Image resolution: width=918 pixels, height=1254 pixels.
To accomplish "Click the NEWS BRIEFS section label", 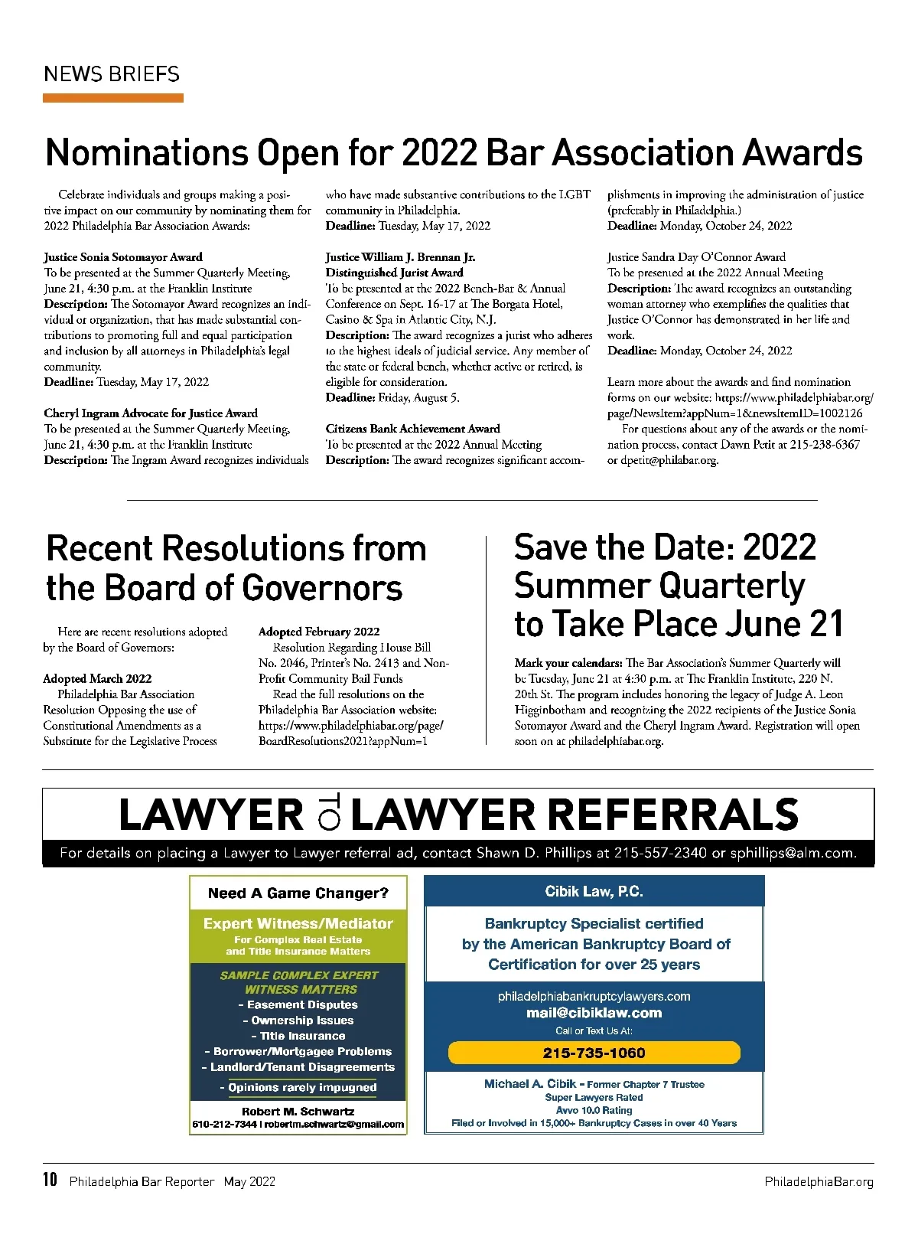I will click(112, 74).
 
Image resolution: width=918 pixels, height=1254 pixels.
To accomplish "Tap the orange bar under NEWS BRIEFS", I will click(113, 98).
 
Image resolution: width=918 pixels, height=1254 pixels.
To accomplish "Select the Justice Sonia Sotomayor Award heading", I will click(123, 257).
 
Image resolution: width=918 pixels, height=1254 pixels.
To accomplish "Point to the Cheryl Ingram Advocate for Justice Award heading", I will click(151, 413).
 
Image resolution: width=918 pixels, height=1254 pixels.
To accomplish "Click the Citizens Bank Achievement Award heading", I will click(412, 429).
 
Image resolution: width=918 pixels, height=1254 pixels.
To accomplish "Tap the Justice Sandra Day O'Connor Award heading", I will click(696, 257).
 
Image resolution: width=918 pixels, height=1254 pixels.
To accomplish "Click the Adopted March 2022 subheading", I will click(97, 678).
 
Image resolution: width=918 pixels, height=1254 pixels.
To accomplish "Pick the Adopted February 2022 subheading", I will click(319, 632).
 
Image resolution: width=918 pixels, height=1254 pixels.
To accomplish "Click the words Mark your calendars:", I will click(568, 663).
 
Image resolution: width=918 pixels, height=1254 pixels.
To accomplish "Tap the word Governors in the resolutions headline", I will click(322, 588).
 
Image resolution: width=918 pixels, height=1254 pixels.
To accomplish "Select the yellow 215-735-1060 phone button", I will click(594, 1053).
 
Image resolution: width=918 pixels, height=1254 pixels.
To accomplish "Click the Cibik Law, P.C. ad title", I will click(594, 891).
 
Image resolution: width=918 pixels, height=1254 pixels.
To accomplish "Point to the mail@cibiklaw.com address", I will click(594, 1013).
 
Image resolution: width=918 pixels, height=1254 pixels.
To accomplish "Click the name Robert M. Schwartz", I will click(298, 1111).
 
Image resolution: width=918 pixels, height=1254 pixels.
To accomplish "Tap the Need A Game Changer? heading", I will click(298, 893).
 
